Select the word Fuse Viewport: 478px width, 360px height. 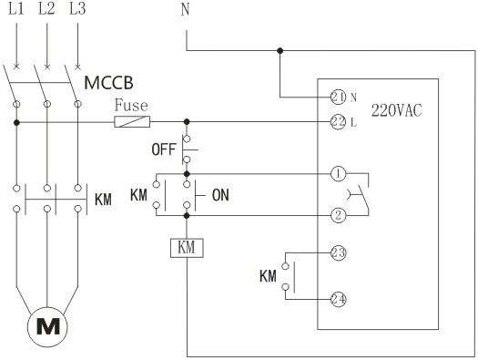click(130, 106)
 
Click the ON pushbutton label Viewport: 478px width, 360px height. click(220, 194)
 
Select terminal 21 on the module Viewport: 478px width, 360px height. click(338, 96)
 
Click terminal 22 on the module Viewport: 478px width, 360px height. click(338, 121)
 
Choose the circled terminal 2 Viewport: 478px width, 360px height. click(338, 215)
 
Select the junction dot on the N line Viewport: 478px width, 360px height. click(280, 51)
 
